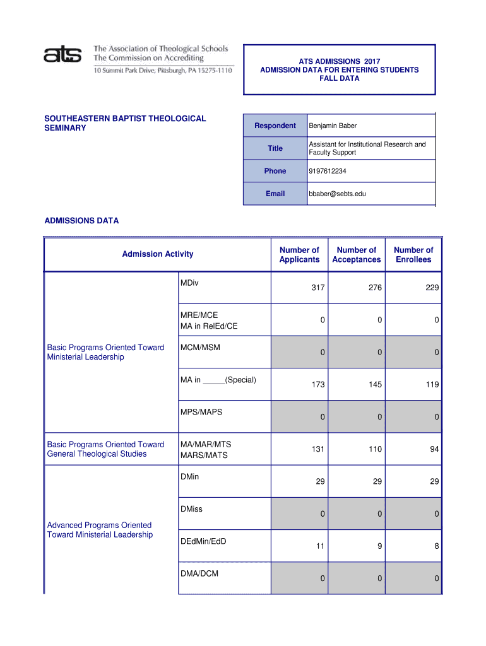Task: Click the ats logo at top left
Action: (64, 56)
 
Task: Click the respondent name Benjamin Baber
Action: (333, 126)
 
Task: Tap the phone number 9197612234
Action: (327, 172)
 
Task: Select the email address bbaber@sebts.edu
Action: (337, 194)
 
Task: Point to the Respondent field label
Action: (275, 126)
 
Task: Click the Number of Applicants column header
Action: (299, 255)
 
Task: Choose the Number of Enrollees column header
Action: (413, 255)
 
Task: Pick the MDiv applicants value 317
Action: (317, 288)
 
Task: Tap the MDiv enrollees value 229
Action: (432, 288)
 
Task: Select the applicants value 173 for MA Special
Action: (317, 384)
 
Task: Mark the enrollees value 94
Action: (434, 449)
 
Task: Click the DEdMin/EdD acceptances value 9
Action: (379, 546)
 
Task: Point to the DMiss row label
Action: (191, 509)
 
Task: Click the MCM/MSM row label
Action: (200, 348)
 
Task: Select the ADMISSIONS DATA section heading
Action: (81, 221)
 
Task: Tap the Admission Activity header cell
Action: (158, 254)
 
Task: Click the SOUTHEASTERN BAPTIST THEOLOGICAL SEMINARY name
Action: (124, 123)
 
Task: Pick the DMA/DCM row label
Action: (199, 573)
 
